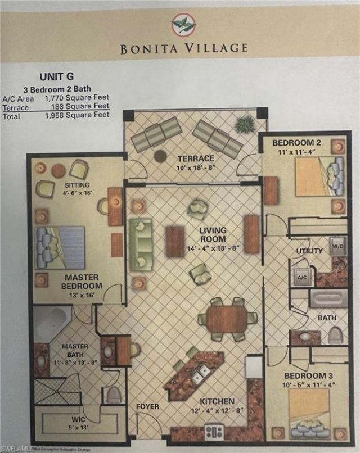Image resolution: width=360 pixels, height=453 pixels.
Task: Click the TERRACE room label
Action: [x=195, y=158]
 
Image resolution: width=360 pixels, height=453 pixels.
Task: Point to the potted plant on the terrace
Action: [x=245, y=124]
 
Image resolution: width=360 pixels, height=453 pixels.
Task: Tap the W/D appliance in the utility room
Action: [x=337, y=246]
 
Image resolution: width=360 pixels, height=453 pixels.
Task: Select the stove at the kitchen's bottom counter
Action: [x=214, y=432]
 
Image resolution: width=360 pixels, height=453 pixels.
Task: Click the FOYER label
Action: [x=147, y=406]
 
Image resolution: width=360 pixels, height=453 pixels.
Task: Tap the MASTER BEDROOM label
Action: [x=82, y=282]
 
